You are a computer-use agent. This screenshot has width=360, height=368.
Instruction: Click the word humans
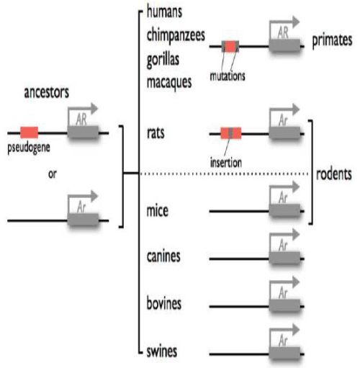coord(164,12)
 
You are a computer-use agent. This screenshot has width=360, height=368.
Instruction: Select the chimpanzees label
coord(176,36)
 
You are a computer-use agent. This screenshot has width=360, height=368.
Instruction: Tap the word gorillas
coord(163,60)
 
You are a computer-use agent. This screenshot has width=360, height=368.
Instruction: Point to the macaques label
coord(169,82)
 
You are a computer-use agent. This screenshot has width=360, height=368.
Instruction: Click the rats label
coord(156,133)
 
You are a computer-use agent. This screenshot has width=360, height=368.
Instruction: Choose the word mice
coord(158,210)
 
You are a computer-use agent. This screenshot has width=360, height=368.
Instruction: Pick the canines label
coord(163,256)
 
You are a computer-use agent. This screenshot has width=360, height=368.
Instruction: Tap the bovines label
coord(164,303)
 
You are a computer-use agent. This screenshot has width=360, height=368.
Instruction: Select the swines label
coord(162,351)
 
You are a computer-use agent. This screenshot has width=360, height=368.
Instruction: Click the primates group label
coord(332,40)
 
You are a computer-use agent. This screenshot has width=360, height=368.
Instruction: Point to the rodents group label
coord(334,174)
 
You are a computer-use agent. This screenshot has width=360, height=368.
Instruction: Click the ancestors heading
coord(47,92)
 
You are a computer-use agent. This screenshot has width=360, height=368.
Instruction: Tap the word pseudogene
coord(29,148)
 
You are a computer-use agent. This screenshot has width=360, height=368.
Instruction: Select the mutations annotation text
coord(228,76)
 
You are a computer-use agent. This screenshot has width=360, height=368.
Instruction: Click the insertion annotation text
coord(226,163)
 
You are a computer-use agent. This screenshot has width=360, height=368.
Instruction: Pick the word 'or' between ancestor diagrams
coord(53,174)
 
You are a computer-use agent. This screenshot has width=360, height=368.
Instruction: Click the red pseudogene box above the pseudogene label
coord(29,133)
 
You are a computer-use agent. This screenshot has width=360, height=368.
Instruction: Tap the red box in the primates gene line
coord(230,46)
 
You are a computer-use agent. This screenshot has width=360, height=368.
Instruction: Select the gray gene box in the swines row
coord(284,353)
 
